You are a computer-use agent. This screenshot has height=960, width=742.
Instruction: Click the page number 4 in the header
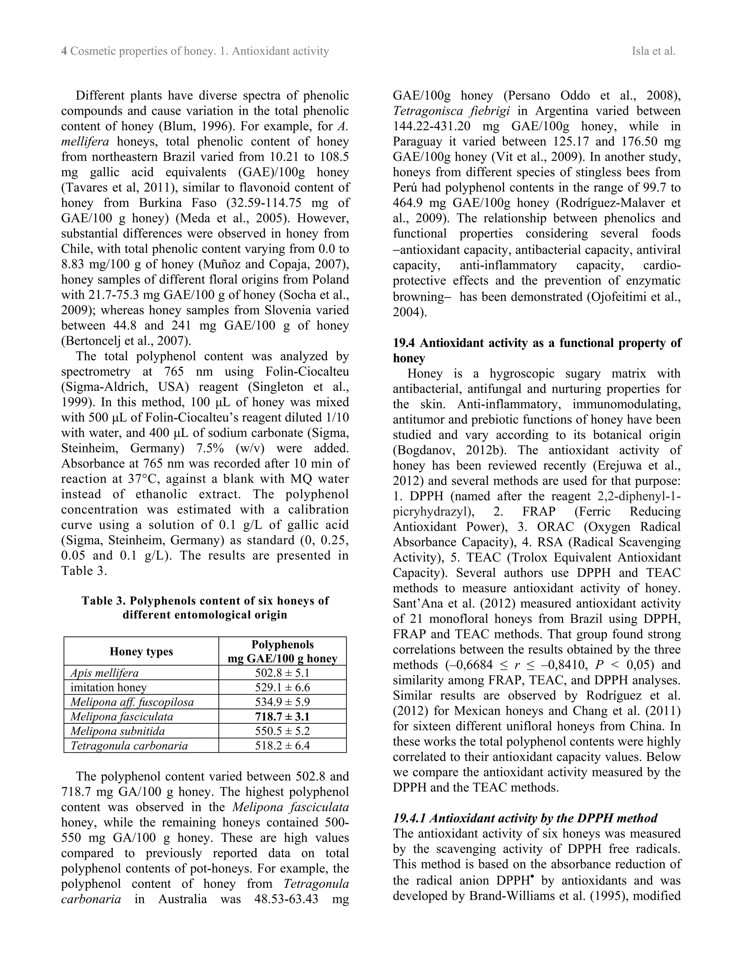(x=64, y=51)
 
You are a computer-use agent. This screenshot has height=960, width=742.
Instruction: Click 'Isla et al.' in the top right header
(x=653, y=51)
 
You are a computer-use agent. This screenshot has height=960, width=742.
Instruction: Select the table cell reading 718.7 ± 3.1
(x=282, y=717)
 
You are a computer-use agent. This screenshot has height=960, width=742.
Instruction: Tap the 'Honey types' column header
(x=141, y=651)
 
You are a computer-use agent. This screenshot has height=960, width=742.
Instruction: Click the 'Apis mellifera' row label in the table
(x=105, y=673)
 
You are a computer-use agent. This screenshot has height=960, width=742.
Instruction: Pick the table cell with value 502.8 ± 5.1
(x=282, y=673)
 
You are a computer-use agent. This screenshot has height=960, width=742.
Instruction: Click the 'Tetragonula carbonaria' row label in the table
(x=129, y=746)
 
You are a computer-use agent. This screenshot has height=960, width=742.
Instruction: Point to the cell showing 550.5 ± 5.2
(x=282, y=731)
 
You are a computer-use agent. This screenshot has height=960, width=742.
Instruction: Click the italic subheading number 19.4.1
(x=409, y=818)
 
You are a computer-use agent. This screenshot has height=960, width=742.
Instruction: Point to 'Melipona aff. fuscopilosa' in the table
(x=132, y=702)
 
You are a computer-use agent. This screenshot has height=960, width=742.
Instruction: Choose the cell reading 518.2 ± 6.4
(x=282, y=746)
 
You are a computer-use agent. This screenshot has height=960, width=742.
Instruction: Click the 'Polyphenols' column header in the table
(x=282, y=645)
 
